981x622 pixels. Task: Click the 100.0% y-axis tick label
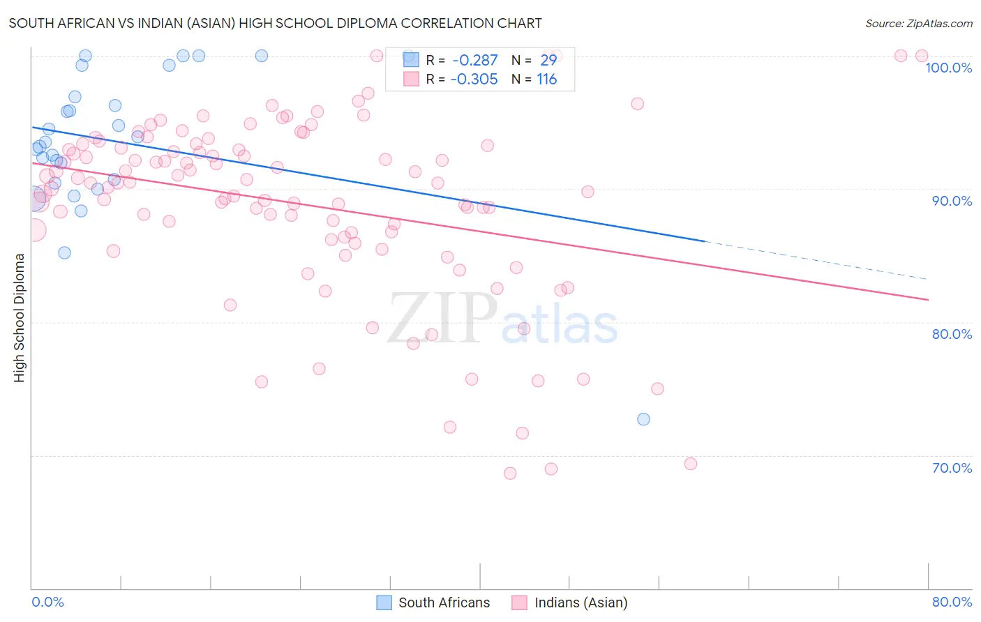pyautogui.click(x=948, y=68)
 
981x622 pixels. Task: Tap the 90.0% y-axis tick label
pyautogui.click(x=952, y=201)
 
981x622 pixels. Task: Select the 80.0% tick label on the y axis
pyautogui.click(x=952, y=334)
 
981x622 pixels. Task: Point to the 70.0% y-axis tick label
pyautogui.click(x=952, y=468)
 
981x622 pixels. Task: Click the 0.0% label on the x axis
pyautogui.click(x=47, y=602)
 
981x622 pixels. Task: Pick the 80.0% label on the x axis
pyautogui.click(x=952, y=602)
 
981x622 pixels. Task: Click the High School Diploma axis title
pyautogui.click(x=20, y=317)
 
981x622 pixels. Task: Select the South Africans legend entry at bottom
pyautogui.click(x=433, y=602)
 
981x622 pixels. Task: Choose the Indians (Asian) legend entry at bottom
pyautogui.click(x=569, y=602)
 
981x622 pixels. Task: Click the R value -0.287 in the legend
pyautogui.click(x=474, y=61)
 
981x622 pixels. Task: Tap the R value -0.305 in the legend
pyautogui.click(x=474, y=79)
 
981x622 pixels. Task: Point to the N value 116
pyautogui.click(x=546, y=79)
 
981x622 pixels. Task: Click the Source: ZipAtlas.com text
pyautogui.click(x=918, y=24)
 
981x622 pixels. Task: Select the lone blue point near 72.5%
pyautogui.click(x=643, y=419)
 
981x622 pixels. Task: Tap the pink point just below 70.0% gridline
pyautogui.click(x=691, y=464)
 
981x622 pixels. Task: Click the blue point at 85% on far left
pyautogui.click(x=64, y=252)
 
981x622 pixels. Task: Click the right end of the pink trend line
pyautogui.click(x=927, y=299)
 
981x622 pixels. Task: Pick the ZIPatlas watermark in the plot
pyautogui.click(x=502, y=319)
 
